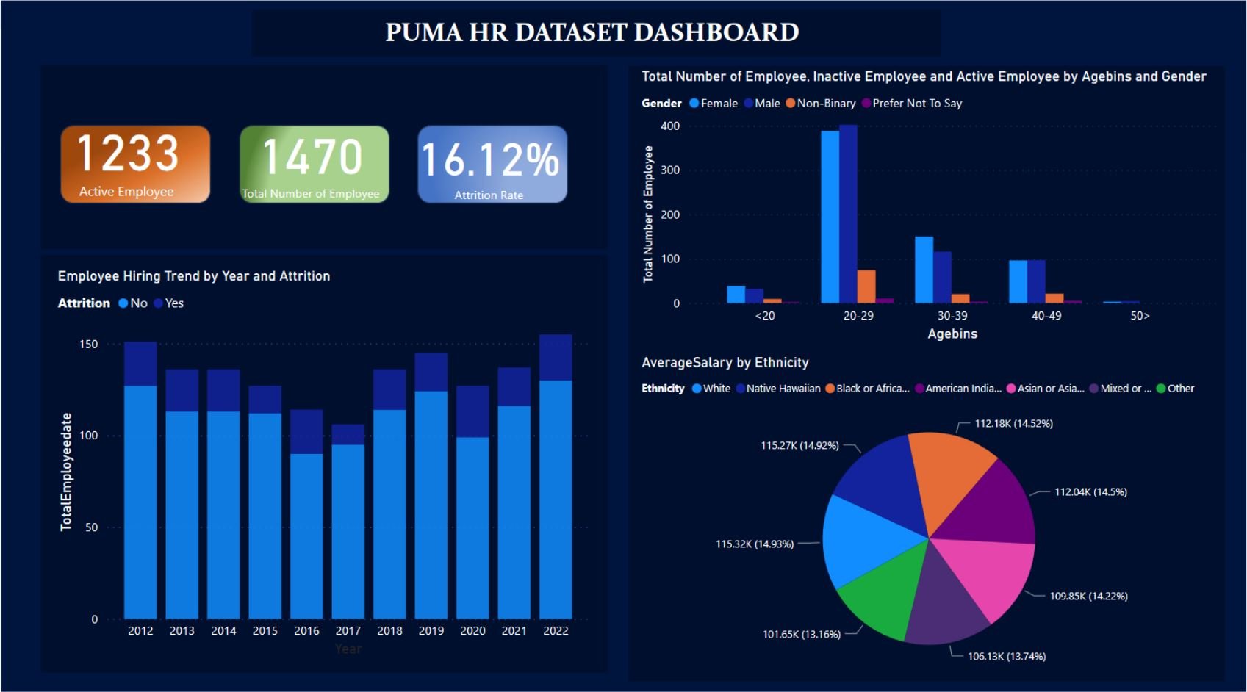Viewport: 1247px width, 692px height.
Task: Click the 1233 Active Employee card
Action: tap(135, 164)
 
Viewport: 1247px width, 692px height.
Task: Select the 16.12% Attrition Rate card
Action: tap(492, 164)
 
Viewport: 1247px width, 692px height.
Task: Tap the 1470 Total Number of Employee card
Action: tap(314, 164)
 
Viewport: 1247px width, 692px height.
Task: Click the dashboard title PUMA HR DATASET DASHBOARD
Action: tap(592, 32)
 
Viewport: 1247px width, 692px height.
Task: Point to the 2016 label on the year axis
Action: tap(306, 630)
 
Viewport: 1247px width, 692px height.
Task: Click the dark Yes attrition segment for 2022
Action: tap(556, 358)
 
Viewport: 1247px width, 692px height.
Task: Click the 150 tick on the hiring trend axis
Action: tap(88, 344)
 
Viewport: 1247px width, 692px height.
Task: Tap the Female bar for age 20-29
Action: tap(830, 217)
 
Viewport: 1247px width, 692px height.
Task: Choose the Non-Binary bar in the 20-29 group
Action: tap(866, 286)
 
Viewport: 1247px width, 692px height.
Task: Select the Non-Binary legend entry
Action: tap(821, 104)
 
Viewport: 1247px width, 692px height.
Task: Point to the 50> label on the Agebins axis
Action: tap(1140, 316)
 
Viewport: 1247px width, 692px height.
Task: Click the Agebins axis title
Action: tap(952, 334)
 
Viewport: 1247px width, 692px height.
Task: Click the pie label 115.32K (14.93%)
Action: tap(755, 544)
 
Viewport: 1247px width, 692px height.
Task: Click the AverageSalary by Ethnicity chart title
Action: tap(725, 362)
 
